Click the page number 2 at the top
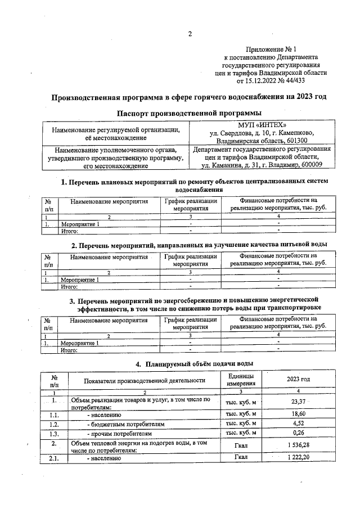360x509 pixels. [x=190, y=34]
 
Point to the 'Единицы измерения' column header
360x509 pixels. [x=240, y=380]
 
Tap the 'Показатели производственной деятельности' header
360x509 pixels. [x=145, y=380]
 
